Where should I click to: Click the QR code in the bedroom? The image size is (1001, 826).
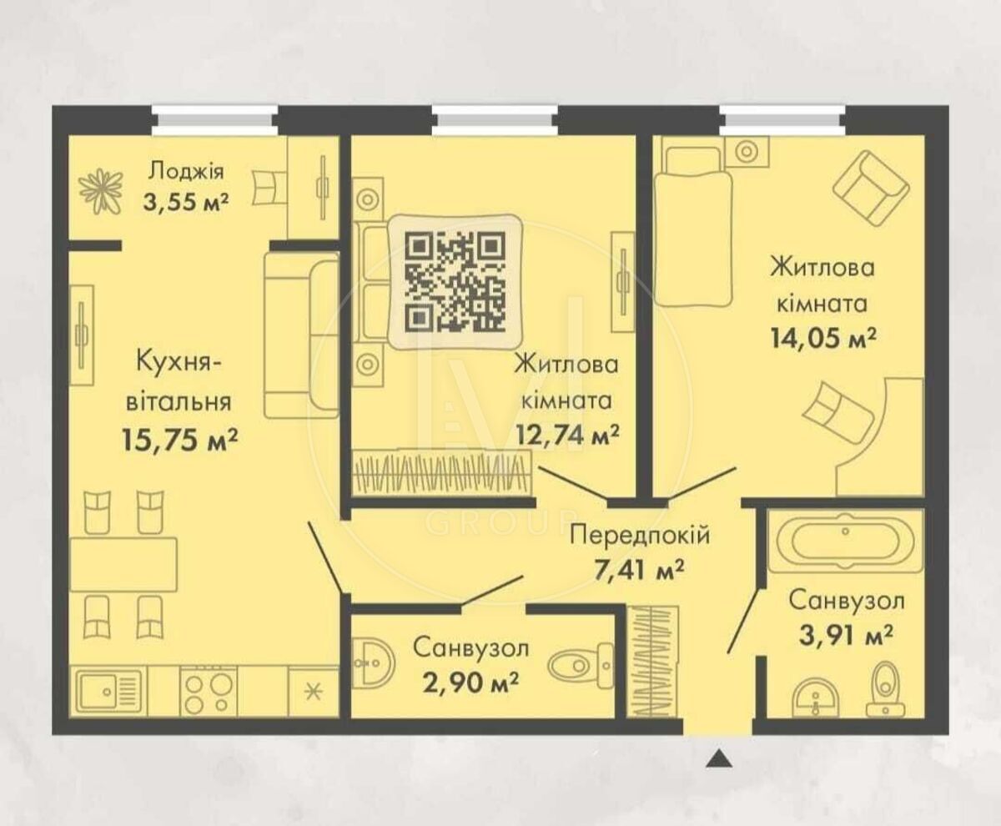[x=455, y=281]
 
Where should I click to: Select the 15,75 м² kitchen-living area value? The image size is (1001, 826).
[x=180, y=440]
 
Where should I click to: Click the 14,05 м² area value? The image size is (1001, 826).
[x=823, y=338]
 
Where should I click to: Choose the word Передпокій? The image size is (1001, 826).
[x=640, y=536]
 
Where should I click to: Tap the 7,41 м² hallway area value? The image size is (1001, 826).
[x=638, y=571]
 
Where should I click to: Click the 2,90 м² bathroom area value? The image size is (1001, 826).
[x=470, y=683]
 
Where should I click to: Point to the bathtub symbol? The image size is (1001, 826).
[x=845, y=541]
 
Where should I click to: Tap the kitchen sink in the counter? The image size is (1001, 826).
[x=110, y=691]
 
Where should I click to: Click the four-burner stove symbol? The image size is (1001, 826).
[x=208, y=691]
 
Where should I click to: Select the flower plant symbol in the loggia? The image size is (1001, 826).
[x=101, y=191]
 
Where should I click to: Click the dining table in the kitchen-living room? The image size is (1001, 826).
[x=123, y=564]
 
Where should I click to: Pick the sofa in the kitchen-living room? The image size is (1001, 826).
[x=300, y=335]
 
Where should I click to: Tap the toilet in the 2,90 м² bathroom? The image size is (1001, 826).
[x=581, y=666]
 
